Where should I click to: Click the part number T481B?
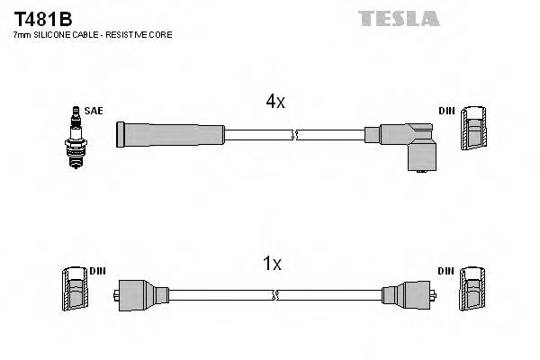point(42,19)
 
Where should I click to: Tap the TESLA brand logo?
point(399,18)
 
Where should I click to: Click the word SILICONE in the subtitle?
point(56,35)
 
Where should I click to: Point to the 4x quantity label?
point(274,102)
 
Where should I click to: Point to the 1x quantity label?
point(272,264)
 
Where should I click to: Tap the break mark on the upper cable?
point(294,135)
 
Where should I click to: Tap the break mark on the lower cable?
point(276,294)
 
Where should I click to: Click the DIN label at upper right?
point(446,111)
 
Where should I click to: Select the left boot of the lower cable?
point(140,294)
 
